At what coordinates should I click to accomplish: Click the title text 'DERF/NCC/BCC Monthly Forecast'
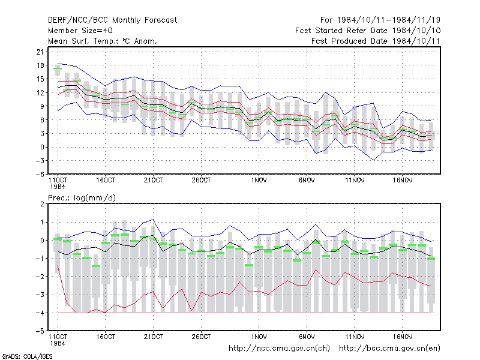pos(112,20)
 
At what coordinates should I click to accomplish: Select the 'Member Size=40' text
pos(80,31)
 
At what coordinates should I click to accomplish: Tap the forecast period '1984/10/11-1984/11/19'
pos(388,20)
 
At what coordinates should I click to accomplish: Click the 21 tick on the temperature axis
pos(40,52)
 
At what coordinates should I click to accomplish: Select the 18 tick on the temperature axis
pos(40,65)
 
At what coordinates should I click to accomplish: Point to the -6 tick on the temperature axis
pos(40,174)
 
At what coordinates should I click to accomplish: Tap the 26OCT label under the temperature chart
pos(201,181)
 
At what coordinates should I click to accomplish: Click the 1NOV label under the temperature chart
pos(259,181)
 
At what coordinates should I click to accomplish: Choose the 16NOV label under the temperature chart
pos(402,181)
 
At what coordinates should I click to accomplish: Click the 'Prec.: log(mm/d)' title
pos(82,198)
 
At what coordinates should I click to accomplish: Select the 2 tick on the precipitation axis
pos(42,204)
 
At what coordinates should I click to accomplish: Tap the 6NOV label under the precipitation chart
pos(307,337)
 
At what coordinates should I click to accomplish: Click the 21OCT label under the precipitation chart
pos(154,337)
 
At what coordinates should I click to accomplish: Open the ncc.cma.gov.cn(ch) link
pos(279,349)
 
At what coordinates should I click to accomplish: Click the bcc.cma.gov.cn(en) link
pos(389,349)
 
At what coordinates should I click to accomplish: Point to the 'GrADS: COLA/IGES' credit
pos(27,356)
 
